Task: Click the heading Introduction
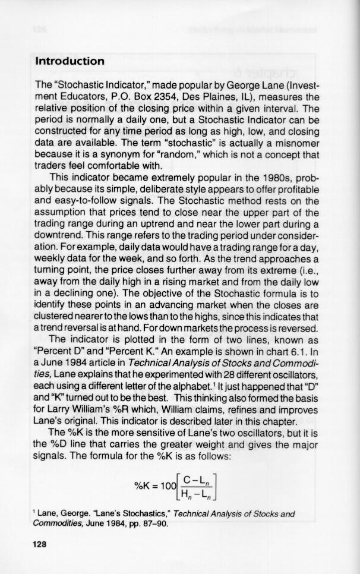click(70, 61)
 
